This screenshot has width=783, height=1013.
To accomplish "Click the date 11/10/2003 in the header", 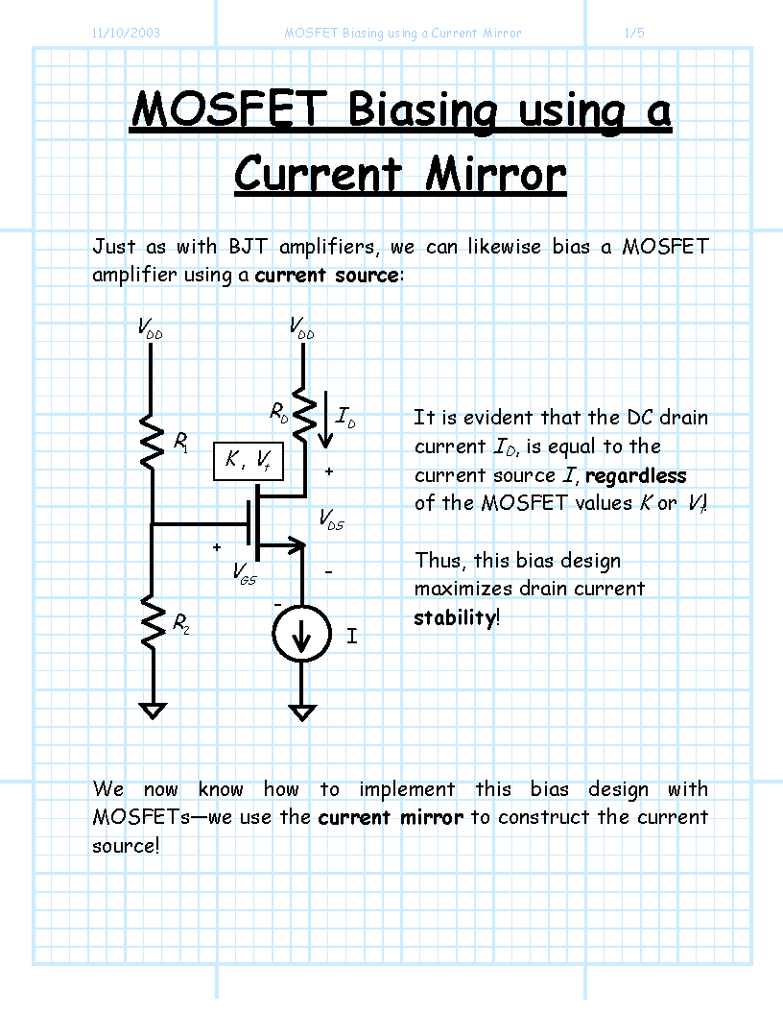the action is [x=126, y=33].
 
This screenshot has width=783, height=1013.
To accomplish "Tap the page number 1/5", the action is [x=634, y=33].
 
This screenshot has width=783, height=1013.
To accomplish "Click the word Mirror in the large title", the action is [x=496, y=175].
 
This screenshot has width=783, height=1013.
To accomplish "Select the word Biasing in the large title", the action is [x=423, y=111].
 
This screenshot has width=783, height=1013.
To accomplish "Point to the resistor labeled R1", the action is [x=152, y=443].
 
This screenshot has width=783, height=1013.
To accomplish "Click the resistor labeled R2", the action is [x=153, y=622].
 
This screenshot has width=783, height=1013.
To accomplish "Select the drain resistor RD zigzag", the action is [x=303, y=414].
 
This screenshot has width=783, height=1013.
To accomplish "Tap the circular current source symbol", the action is [x=301, y=634].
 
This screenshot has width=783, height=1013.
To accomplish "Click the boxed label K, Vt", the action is [x=249, y=461].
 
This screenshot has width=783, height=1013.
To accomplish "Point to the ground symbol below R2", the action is [x=153, y=711].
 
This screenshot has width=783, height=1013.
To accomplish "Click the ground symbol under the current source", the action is [x=302, y=712].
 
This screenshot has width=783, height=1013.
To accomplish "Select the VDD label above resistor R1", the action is [x=150, y=327].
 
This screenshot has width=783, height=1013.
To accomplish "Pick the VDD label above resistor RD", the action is [x=301, y=327].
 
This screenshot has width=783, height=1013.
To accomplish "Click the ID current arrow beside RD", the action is [x=326, y=420].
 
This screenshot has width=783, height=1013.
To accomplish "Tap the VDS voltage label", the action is [x=331, y=519].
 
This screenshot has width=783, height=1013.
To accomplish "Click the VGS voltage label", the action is [x=245, y=573].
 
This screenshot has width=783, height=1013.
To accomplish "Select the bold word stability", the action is [x=455, y=617].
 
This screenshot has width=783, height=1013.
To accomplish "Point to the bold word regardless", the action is [x=636, y=476].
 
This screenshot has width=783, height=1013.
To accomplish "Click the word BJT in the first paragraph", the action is [x=248, y=247].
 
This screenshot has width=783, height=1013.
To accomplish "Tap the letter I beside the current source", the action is [x=352, y=637].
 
